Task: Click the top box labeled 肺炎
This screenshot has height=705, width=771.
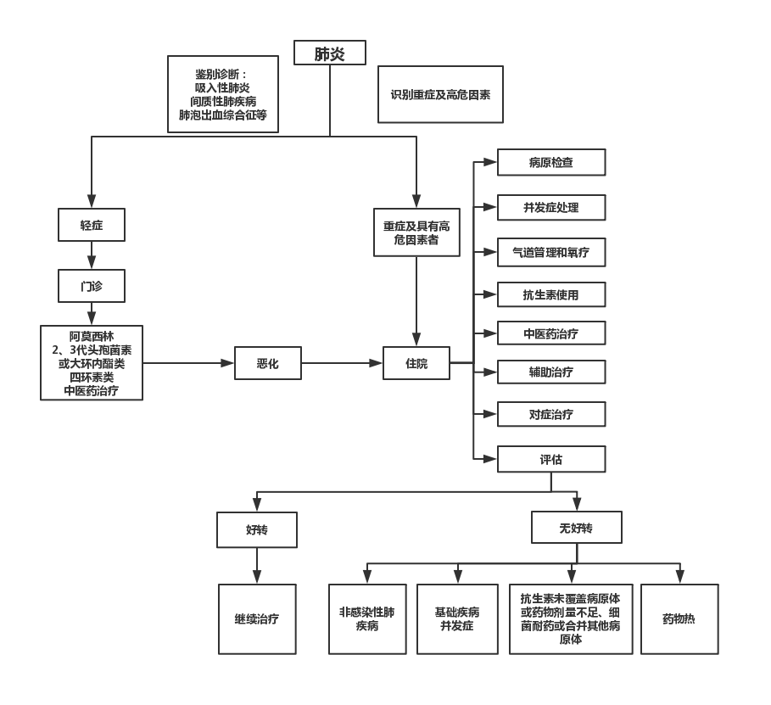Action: (x=330, y=54)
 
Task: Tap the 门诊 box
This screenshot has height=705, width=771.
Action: (x=92, y=287)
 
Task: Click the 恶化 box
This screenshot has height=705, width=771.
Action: (x=267, y=363)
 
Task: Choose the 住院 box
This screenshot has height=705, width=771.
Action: (x=416, y=363)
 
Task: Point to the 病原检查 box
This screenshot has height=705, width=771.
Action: (x=550, y=162)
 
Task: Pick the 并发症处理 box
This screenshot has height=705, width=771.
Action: (x=550, y=207)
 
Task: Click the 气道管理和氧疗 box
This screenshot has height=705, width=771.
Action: (x=550, y=251)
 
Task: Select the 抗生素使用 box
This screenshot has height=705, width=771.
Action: (x=550, y=294)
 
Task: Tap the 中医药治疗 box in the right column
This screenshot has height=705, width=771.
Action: (x=550, y=333)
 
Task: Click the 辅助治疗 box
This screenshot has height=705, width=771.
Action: (x=550, y=372)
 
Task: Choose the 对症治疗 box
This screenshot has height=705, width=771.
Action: (x=550, y=414)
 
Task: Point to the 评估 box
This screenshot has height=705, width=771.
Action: (x=550, y=459)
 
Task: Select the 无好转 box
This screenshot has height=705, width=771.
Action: (x=576, y=528)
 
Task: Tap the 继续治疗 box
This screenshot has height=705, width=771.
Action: (x=257, y=618)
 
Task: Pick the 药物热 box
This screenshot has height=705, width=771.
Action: (x=679, y=618)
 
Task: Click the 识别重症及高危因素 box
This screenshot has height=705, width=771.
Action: (x=441, y=95)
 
